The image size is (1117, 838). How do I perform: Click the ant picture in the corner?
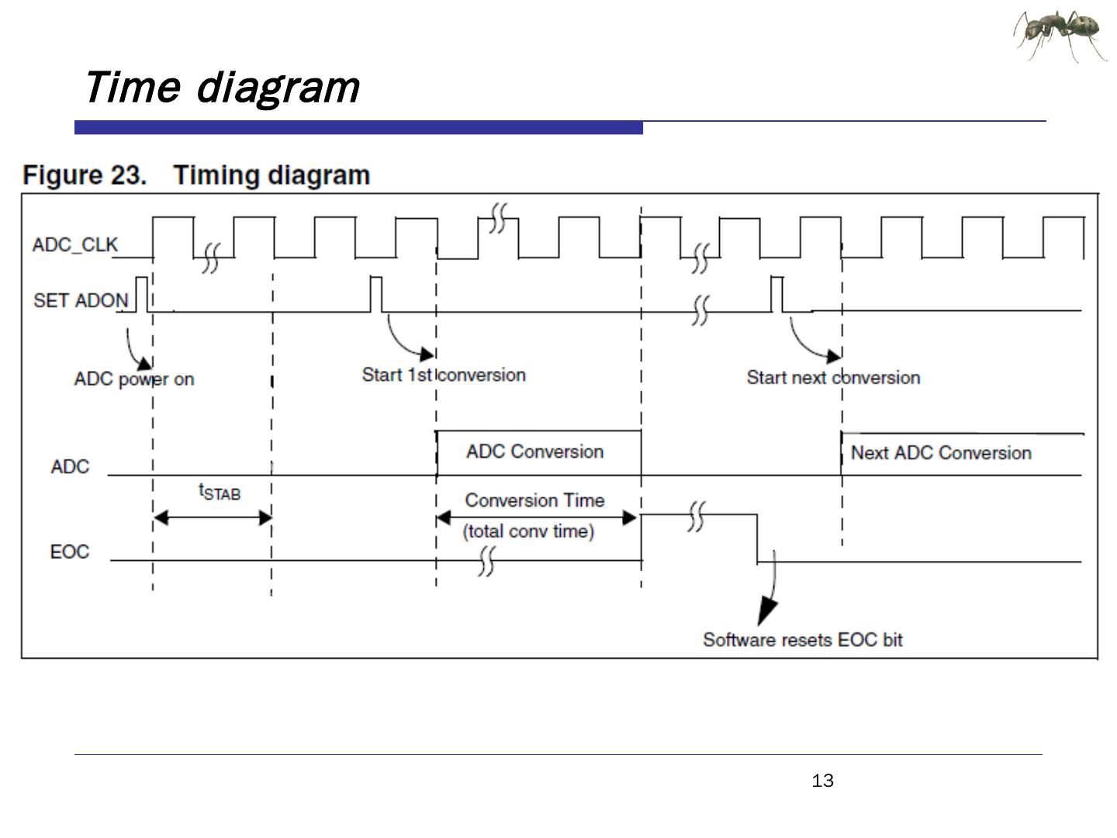click(1059, 36)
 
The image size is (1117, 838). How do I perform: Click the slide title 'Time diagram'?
click(222, 88)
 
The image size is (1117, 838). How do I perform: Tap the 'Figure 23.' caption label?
click(85, 175)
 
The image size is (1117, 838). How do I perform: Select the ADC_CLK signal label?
click(74, 244)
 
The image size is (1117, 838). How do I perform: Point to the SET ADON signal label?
click(81, 300)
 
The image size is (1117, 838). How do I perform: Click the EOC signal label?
click(69, 552)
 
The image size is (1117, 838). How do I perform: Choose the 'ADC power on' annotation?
click(134, 379)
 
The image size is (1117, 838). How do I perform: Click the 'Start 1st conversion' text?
click(444, 375)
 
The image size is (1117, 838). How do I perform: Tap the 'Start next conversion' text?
click(833, 378)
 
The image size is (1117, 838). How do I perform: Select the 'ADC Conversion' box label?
click(534, 452)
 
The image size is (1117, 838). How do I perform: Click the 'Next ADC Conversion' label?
click(941, 453)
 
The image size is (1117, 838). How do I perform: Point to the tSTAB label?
click(220, 491)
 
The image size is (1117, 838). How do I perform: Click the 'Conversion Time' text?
click(534, 500)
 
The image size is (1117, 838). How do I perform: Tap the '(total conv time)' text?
click(528, 532)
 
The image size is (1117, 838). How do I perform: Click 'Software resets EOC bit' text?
click(803, 639)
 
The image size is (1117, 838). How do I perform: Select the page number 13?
click(822, 781)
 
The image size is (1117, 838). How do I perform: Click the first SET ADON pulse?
click(142, 295)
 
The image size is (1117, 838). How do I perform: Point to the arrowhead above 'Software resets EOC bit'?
click(766, 612)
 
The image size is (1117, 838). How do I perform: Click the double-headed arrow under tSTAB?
click(213, 518)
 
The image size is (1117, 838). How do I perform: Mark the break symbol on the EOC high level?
click(697, 517)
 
